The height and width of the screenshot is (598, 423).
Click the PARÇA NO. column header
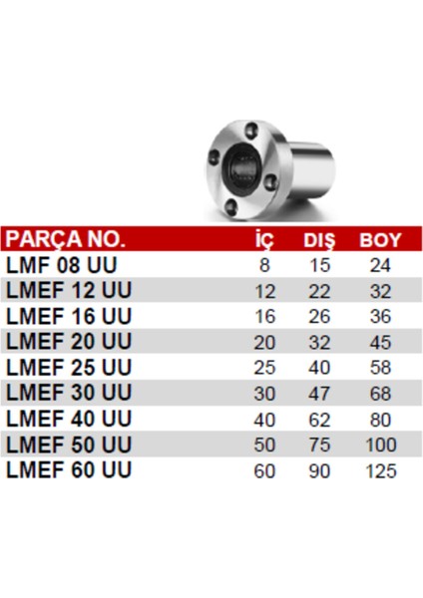coord(66,240)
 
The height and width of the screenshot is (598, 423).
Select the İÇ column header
coord(264,240)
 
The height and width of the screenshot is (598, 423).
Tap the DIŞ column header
coord(320,240)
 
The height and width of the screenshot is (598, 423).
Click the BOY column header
coord(379,240)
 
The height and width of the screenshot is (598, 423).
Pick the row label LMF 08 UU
coord(62,266)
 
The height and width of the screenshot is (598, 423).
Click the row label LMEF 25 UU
coord(68,368)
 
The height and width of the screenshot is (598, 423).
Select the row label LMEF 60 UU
coord(68,470)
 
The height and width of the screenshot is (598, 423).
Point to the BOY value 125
coord(380,470)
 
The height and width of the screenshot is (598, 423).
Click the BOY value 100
coord(380,445)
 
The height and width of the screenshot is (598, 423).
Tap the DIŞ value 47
coord(320,394)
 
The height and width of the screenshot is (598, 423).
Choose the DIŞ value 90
coord(320,470)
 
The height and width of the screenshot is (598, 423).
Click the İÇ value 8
coord(264,266)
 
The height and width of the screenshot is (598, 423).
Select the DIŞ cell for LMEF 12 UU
coord(320,291)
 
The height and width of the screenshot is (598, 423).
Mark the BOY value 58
coord(380,368)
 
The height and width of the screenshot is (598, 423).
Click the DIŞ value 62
coord(320,420)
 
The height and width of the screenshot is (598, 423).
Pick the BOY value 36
coord(380,317)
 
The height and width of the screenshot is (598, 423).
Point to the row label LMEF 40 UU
coord(68,420)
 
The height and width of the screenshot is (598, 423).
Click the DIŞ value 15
coord(320,266)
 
